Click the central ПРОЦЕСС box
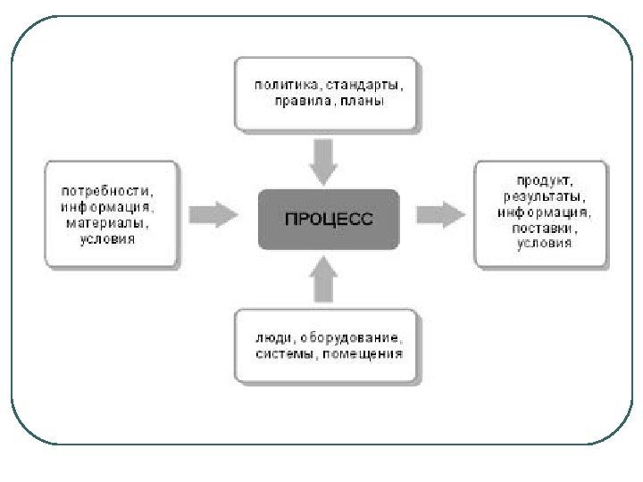pos(329,217)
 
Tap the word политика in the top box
pos(286,86)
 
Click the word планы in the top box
pos(363,102)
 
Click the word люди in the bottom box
pos(271,338)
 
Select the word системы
pos(285,354)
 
